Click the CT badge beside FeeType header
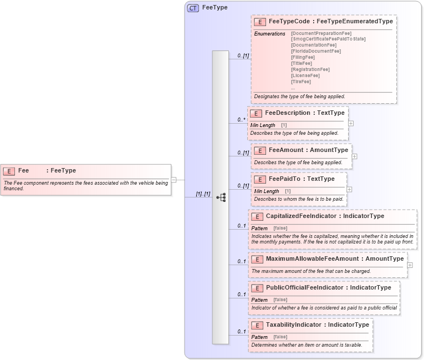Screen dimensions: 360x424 [x=193, y=8]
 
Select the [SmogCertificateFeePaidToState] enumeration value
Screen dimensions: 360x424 [x=328, y=39]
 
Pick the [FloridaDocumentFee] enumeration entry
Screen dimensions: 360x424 [x=316, y=51]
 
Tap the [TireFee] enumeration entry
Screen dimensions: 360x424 [x=301, y=82]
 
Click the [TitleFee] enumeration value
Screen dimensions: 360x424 [x=302, y=63]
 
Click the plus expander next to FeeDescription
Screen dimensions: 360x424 [x=351, y=123]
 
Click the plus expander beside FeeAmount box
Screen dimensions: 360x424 [x=354, y=156]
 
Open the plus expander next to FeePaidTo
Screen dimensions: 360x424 [x=349, y=189]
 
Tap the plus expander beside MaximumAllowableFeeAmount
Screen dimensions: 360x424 [x=410, y=265]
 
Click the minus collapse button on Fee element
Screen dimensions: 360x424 [x=173, y=180]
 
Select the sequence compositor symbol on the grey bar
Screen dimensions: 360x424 [x=221, y=197]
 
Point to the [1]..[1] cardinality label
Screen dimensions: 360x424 [x=203, y=194]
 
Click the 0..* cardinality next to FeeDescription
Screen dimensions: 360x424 [x=242, y=120]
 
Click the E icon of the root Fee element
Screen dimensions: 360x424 [x=9, y=171]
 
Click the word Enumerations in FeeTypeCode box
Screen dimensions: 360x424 [x=269, y=34]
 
